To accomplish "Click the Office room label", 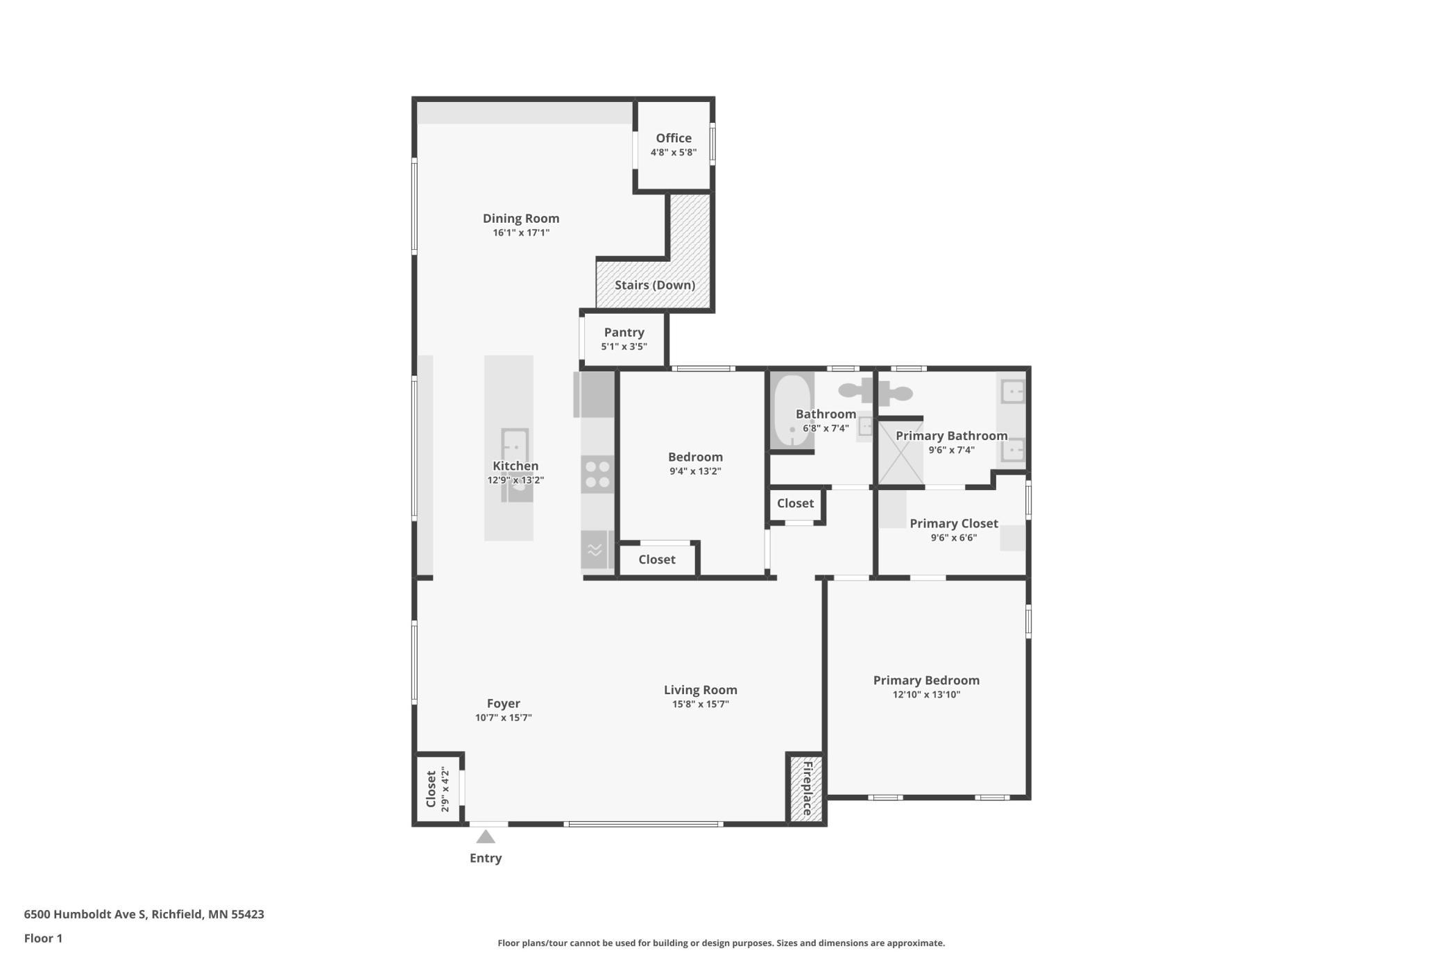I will click(673, 138).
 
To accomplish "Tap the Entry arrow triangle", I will click(486, 837).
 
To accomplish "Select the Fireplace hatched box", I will click(806, 788).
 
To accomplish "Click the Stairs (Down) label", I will click(654, 285).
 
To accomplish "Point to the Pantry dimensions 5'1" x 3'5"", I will click(624, 346).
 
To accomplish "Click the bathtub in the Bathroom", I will click(791, 411).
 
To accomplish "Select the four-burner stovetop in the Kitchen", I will click(597, 474).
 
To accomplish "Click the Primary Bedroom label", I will click(925, 680).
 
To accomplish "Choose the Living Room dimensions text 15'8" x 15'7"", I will click(700, 704).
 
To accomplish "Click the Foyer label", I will click(503, 703).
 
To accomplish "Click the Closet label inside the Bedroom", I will click(656, 559).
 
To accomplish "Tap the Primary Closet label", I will click(953, 523).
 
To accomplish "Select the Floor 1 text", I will click(43, 938).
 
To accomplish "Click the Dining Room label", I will click(520, 219).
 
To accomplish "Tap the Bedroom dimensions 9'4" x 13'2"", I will click(694, 471).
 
